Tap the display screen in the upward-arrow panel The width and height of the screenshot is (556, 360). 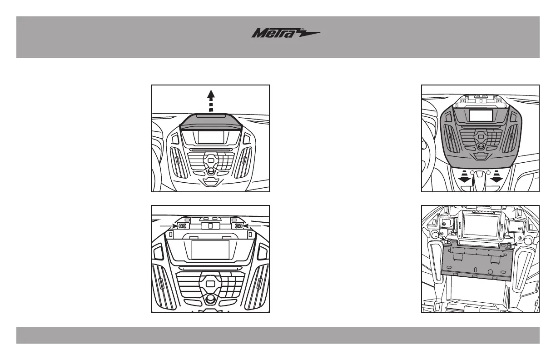tap(210, 137)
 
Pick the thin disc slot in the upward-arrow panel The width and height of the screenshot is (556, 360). tap(210, 149)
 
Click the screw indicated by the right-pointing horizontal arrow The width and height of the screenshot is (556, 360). tap(182, 226)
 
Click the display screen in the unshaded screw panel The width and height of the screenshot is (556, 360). tap(210, 250)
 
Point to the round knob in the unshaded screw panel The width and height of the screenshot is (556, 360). tap(210, 300)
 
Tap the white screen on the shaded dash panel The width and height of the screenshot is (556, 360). tap(481, 115)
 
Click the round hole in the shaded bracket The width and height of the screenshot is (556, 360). tap(490, 272)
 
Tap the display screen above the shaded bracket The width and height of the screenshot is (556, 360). tap(480, 225)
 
